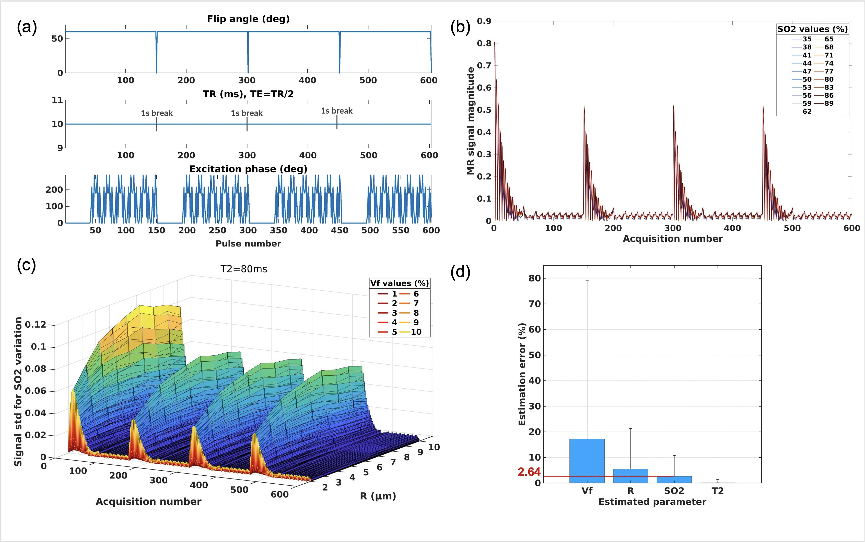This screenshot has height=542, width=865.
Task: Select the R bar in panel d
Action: tap(630, 476)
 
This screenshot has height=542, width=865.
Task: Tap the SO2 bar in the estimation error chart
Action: tap(674, 480)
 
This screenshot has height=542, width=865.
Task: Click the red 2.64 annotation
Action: tap(529, 472)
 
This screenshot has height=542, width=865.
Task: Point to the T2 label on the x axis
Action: tap(718, 491)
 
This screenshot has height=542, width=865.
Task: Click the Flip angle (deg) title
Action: tap(248, 19)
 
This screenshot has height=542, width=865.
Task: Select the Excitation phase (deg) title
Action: tap(248, 169)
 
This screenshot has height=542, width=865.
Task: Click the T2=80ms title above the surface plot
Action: tap(244, 269)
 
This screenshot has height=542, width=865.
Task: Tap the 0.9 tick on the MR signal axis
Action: tap(484, 21)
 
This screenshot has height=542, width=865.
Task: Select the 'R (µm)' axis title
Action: tap(378, 496)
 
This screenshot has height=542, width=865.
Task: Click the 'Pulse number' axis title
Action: tap(248, 244)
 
